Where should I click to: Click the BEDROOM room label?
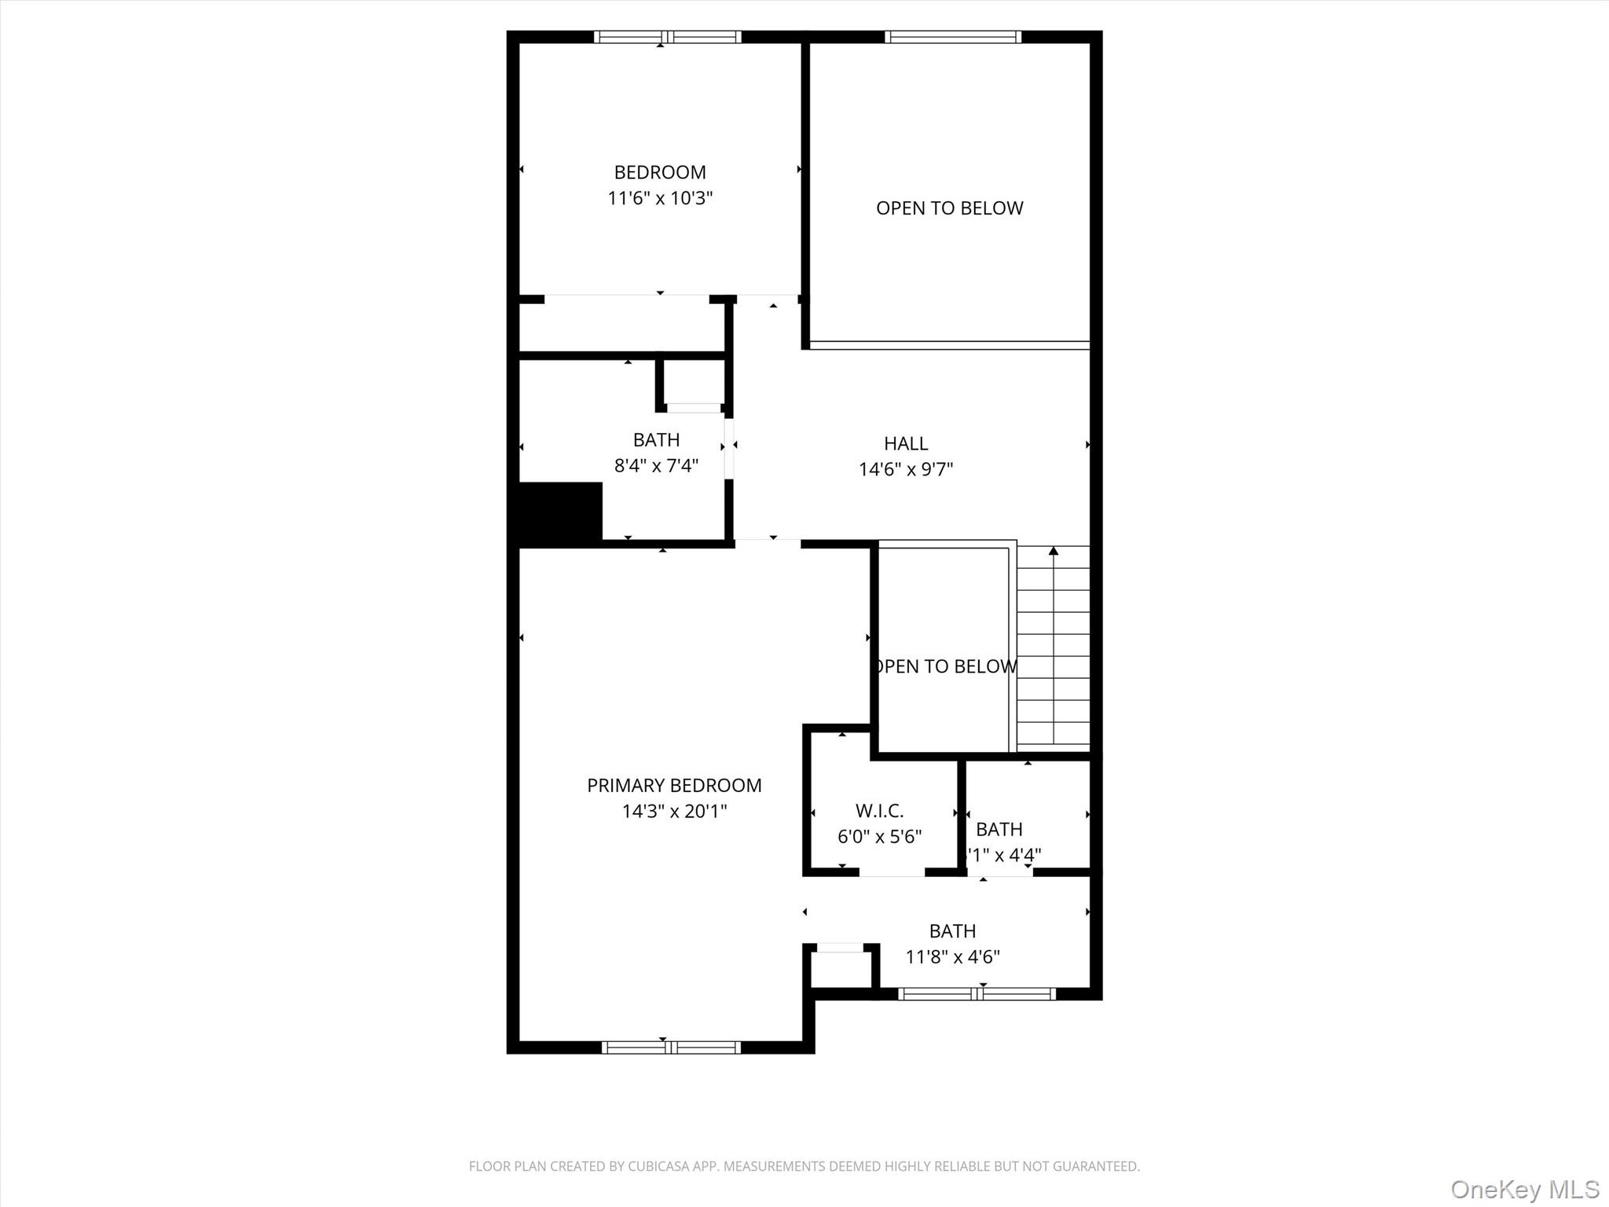coord(660,172)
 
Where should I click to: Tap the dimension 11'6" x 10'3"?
coord(660,198)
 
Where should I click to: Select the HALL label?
coord(906,443)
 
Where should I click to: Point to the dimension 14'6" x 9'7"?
coord(906,469)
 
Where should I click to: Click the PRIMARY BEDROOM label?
coord(674,785)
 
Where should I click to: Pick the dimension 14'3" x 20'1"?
coord(674,811)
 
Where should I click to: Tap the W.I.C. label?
coord(879,810)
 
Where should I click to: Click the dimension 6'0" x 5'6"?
coord(879,836)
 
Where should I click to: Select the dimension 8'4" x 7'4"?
coord(656,465)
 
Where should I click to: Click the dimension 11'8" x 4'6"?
coord(952,956)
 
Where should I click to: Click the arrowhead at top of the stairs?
coord(1054,551)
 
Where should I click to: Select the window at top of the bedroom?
coord(667,37)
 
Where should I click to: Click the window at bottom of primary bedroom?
coord(671,1047)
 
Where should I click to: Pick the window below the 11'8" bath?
coord(977,994)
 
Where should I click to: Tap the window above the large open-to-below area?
coord(953,37)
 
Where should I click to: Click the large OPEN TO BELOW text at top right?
coord(949,208)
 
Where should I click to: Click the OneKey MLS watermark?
coord(1524,1189)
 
